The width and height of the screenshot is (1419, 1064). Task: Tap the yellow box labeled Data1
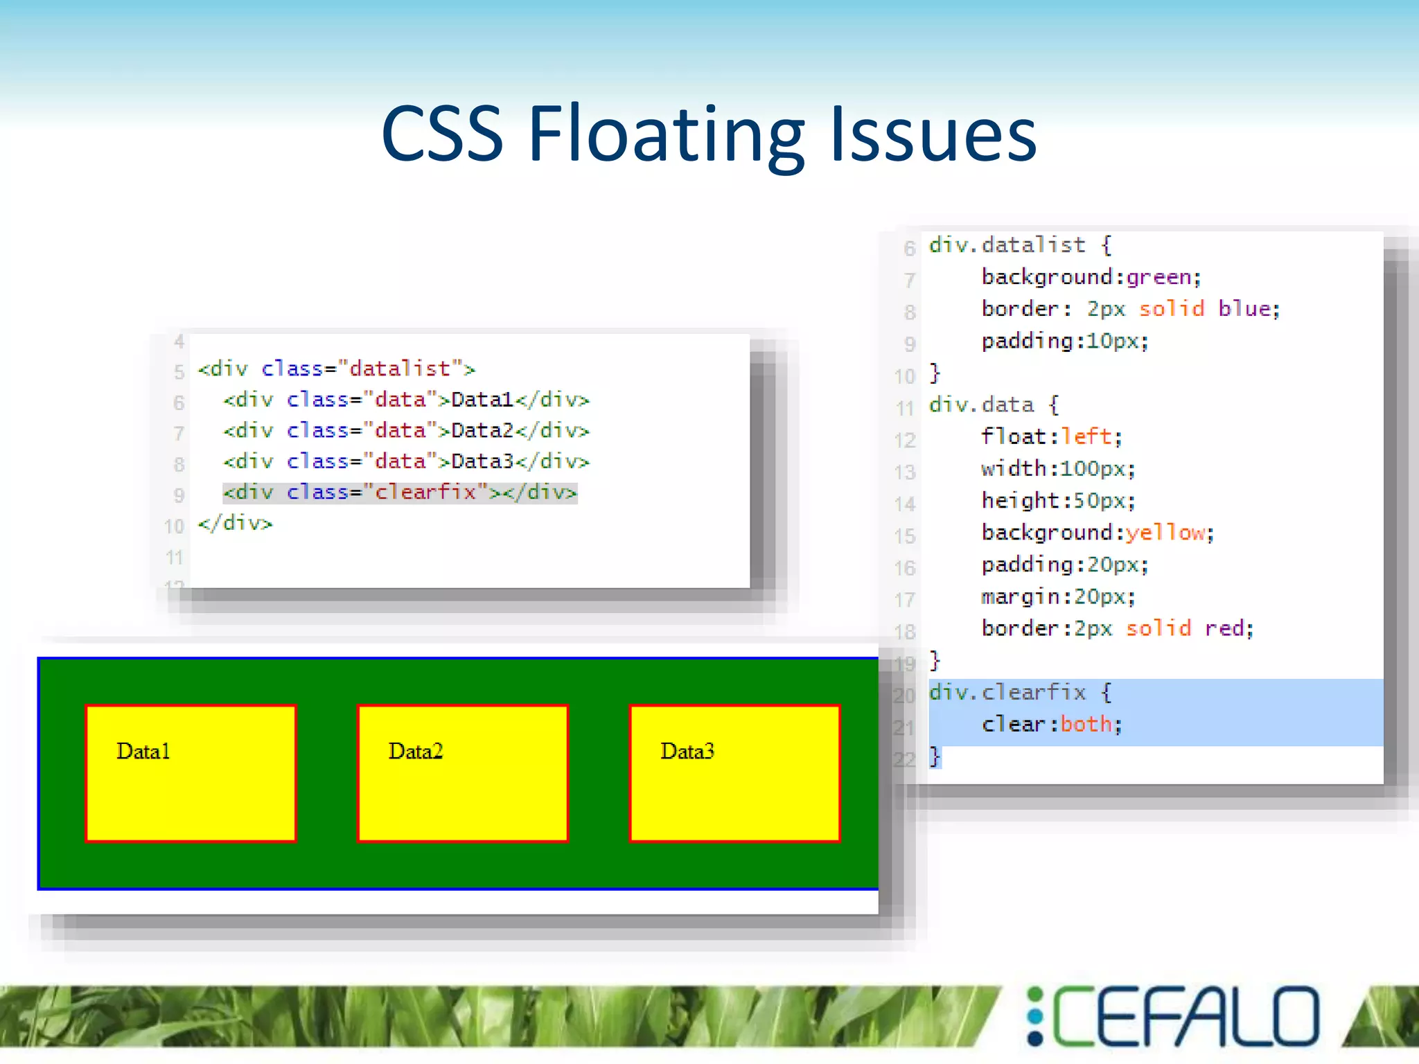click(191, 773)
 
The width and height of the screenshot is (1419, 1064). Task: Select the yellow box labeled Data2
click(463, 773)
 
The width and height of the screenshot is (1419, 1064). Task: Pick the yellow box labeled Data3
click(734, 773)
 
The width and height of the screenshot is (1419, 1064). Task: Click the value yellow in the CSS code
click(1165, 533)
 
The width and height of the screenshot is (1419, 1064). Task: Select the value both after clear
click(1086, 724)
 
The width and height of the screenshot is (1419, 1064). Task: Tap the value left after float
click(1086, 436)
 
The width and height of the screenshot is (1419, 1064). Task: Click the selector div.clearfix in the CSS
click(1007, 692)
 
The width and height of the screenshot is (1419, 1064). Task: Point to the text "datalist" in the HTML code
click(400, 369)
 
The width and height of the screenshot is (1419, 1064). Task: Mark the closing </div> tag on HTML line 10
click(236, 523)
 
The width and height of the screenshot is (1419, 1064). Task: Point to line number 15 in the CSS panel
click(905, 535)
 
